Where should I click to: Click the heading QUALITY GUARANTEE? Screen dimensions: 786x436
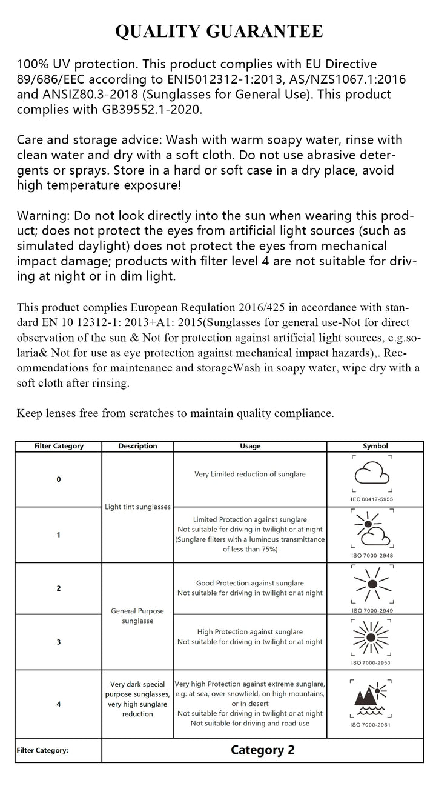point(219,32)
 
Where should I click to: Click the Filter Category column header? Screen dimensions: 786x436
point(59,446)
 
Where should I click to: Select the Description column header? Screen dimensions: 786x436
point(137,446)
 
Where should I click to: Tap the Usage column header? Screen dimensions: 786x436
point(250,446)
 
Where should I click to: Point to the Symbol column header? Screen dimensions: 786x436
point(375,446)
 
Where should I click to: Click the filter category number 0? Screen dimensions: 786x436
point(59,479)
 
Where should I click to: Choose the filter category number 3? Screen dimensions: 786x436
point(59,642)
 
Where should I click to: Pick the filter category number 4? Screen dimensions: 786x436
point(59,704)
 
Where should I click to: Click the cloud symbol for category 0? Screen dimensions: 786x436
point(372,473)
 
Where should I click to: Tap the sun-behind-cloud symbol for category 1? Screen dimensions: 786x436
point(372,528)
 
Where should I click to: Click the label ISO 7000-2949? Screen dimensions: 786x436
point(373,611)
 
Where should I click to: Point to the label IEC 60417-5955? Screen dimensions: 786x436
point(372,499)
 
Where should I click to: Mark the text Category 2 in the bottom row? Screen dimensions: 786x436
point(262,750)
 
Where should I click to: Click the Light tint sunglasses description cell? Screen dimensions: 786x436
point(137,507)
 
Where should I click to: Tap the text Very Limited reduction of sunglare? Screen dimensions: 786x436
point(250,474)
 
